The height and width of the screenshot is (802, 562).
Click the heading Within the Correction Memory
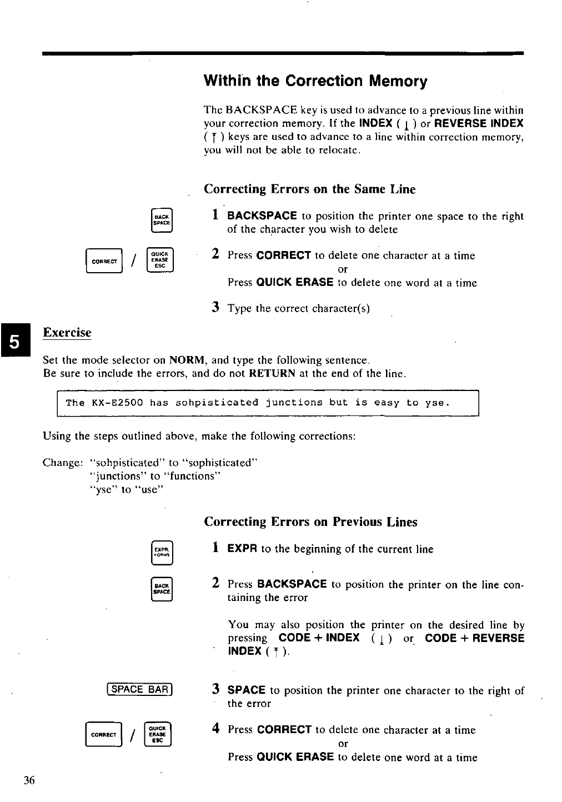click(315, 82)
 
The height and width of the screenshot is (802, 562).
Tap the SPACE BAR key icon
click(140, 689)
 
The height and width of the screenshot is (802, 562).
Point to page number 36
click(29, 780)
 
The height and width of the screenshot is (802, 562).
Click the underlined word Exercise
click(67, 333)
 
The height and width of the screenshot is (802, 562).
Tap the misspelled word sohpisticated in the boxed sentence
click(217, 403)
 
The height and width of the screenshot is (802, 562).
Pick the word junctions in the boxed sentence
click(294, 403)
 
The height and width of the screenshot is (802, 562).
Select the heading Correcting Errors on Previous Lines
click(310, 522)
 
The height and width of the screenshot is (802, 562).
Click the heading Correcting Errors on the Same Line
click(309, 189)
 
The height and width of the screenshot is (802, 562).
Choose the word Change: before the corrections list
click(63, 463)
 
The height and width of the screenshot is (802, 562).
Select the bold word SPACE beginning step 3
click(246, 690)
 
